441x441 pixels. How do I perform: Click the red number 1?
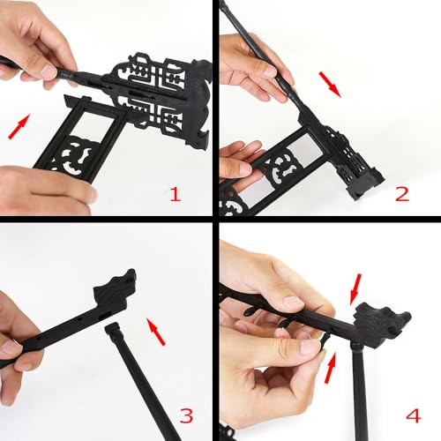point(176,194)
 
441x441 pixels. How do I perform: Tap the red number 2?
point(402,194)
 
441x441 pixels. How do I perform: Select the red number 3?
point(186,415)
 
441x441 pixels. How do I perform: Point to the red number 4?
point(414,415)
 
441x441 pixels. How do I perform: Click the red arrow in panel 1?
point(19,126)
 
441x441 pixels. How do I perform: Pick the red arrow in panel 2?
point(330,85)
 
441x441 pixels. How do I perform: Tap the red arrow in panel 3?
point(156,333)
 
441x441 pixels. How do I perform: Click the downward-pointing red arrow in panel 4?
point(355,289)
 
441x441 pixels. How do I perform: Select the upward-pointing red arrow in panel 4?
point(331,368)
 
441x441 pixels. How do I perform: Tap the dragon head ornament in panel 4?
point(381,324)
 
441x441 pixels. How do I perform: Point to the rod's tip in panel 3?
point(112,325)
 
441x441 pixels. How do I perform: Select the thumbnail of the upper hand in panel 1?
point(49,70)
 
